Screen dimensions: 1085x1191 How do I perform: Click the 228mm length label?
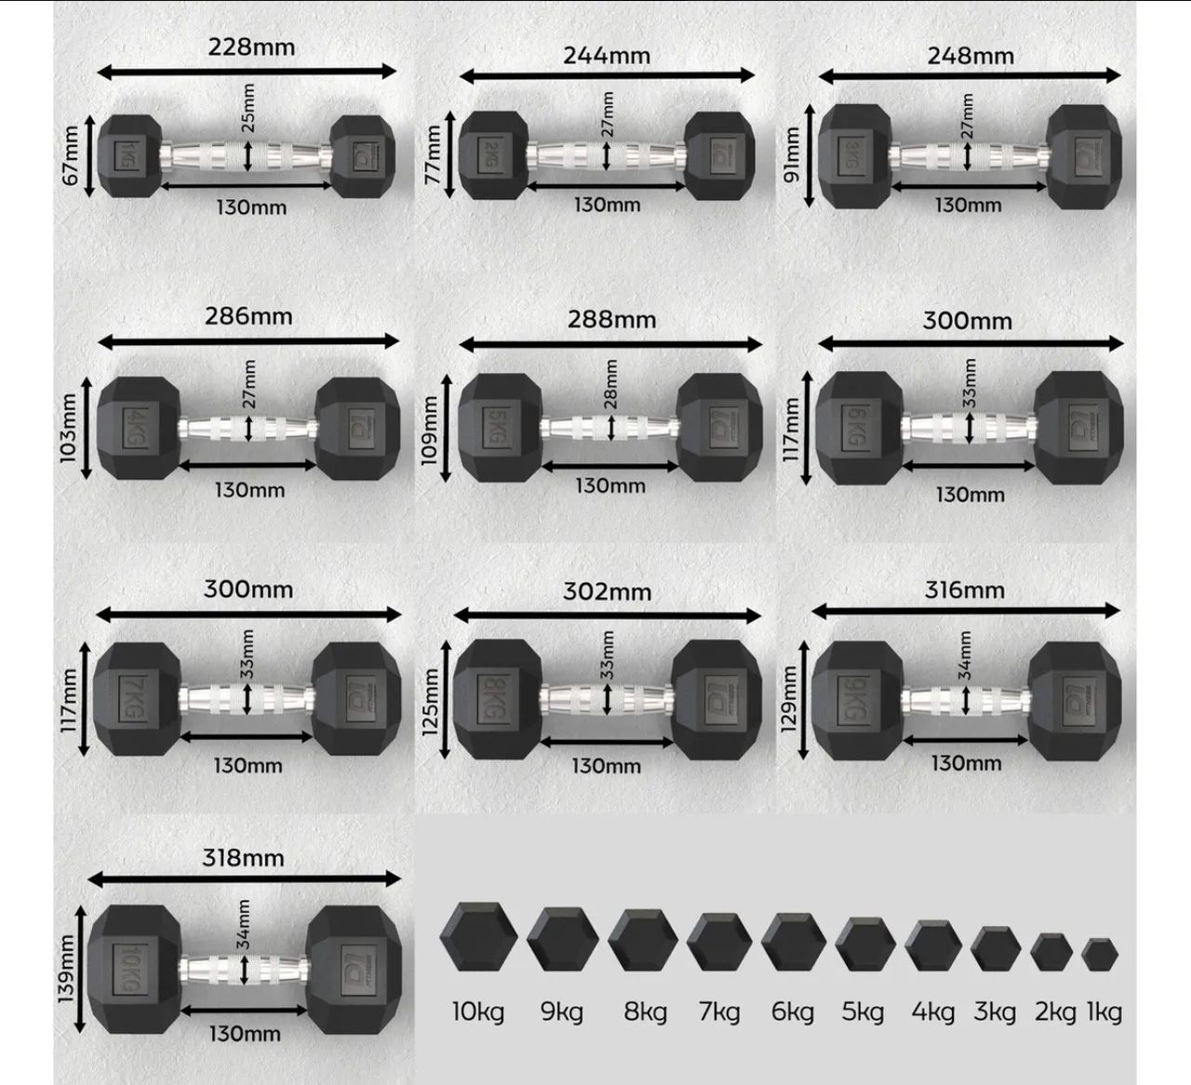[251, 47]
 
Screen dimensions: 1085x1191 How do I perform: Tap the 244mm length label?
[607, 56]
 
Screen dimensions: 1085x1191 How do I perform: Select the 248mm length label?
[970, 56]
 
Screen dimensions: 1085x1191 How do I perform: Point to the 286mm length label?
[248, 316]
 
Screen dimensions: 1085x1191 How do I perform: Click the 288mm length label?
[611, 320]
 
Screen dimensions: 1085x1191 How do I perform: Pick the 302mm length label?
[607, 592]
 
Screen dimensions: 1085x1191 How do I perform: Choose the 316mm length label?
[964, 590]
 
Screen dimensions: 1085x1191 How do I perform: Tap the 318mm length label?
[243, 858]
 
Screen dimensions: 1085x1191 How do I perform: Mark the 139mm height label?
[66, 969]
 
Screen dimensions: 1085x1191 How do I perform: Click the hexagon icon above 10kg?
[478, 938]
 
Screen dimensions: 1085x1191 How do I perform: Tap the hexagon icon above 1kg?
[1102, 955]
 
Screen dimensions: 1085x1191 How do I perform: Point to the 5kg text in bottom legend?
[863, 1011]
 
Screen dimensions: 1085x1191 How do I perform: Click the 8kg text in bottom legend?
[645, 1011]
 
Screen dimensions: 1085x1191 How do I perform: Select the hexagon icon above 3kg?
[996, 948]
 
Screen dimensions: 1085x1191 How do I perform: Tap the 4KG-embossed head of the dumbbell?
[138, 428]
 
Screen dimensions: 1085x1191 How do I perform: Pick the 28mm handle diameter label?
[611, 384]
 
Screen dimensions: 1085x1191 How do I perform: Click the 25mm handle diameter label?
[248, 108]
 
